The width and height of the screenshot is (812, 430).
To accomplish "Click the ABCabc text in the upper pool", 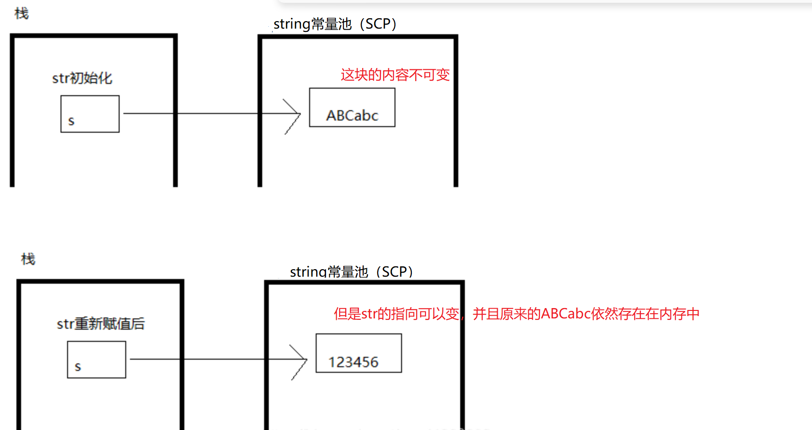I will [352, 115].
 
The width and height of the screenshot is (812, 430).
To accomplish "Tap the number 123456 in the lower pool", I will [353, 362].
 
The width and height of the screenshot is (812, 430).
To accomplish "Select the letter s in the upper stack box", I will [71, 121].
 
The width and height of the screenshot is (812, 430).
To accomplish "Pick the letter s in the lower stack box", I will [78, 367].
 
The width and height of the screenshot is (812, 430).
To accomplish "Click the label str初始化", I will [82, 78].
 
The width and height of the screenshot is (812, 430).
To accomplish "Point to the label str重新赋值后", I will [101, 324].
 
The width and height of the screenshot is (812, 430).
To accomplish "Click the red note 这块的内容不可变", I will [395, 75].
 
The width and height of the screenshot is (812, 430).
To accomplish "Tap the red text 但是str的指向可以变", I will [396, 314].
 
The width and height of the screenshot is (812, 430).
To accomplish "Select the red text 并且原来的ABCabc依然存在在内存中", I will [586, 314].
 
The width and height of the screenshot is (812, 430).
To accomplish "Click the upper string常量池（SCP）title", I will [335, 24].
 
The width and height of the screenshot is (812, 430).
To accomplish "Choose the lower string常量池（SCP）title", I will [351, 272].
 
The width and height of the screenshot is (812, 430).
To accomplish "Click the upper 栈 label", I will [22, 14].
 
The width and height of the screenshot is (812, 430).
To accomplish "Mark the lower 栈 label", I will [28, 259].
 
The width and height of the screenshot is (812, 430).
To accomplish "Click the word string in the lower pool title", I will [308, 272].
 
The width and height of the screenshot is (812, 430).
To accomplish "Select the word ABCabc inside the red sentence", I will [566, 314].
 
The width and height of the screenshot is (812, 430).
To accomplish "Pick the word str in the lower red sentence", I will [369, 314].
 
